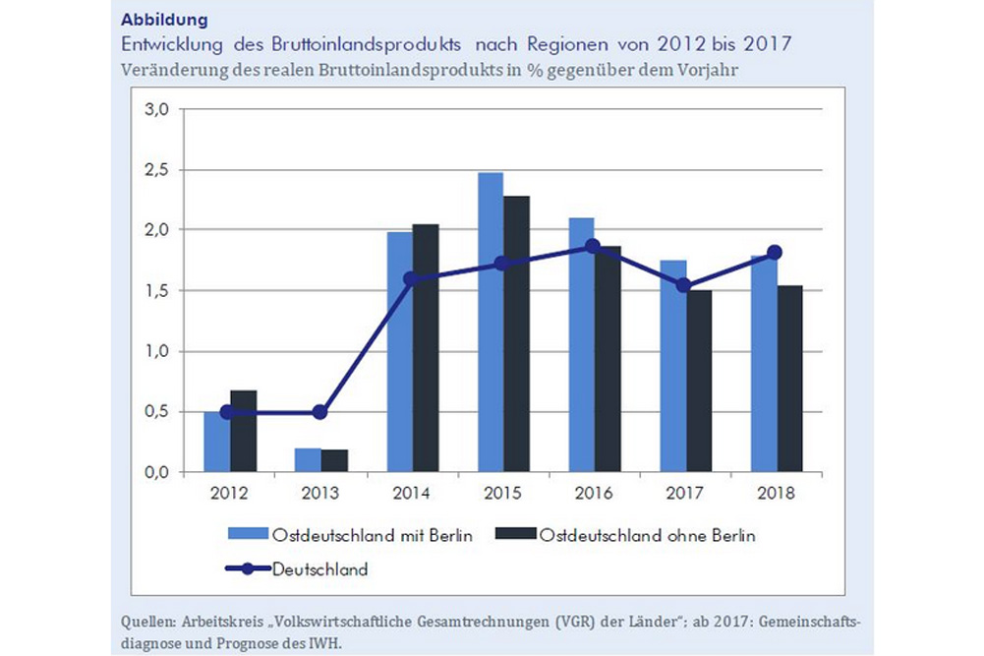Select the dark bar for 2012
[244, 432]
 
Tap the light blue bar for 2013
[307, 460]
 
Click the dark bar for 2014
[426, 348]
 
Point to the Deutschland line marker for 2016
[593, 247]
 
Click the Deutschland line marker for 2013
[320, 412]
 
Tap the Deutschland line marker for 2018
[775, 253]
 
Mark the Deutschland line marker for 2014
[412, 279]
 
